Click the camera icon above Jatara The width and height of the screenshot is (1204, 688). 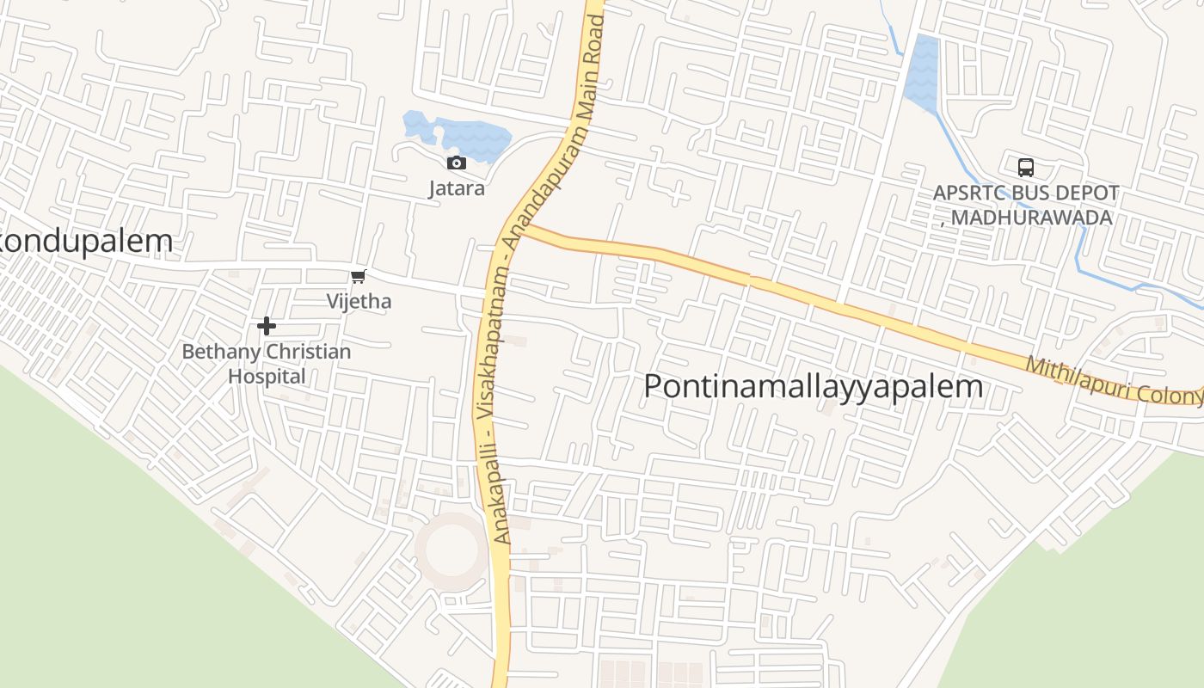[x=457, y=163]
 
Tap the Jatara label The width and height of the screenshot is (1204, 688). [x=457, y=187]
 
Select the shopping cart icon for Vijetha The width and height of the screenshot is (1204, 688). [x=359, y=276]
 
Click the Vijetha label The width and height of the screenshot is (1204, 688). [x=359, y=301]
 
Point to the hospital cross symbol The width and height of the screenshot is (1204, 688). [x=267, y=326]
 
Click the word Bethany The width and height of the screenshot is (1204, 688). [x=220, y=352]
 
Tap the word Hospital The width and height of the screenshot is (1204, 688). [x=267, y=377]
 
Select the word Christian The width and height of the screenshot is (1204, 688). [x=309, y=352]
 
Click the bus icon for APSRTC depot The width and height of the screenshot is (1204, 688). [x=1025, y=168]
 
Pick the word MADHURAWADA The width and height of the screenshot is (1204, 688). [x=1032, y=218]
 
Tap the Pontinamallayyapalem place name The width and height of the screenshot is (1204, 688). [x=813, y=386]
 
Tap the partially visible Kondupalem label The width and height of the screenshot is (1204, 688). [x=86, y=242]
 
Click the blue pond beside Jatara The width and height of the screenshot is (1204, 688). [x=464, y=136]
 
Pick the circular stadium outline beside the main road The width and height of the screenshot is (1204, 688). [x=451, y=550]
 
